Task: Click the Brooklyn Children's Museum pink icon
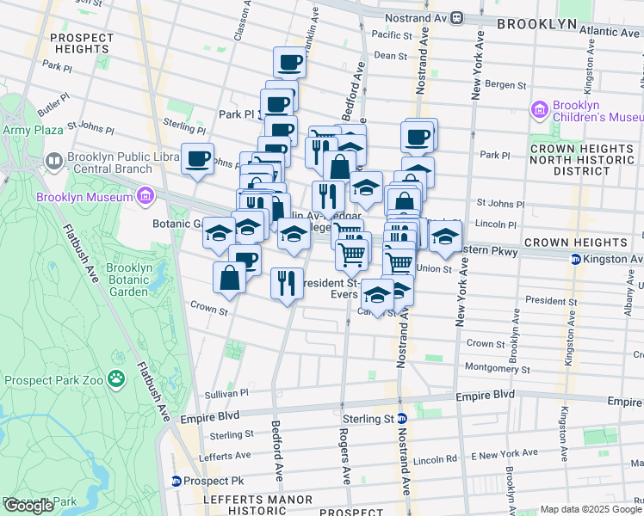point(540,110)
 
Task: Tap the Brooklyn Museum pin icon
point(145,196)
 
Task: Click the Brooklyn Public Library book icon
point(53,161)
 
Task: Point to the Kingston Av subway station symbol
point(576,259)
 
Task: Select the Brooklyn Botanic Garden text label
point(129,279)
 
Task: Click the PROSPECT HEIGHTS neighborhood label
point(81,44)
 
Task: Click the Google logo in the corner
point(28,505)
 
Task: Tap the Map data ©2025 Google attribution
point(590,509)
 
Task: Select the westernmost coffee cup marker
point(198,158)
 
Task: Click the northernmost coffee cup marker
point(290,62)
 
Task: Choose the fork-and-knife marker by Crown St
point(287,283)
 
